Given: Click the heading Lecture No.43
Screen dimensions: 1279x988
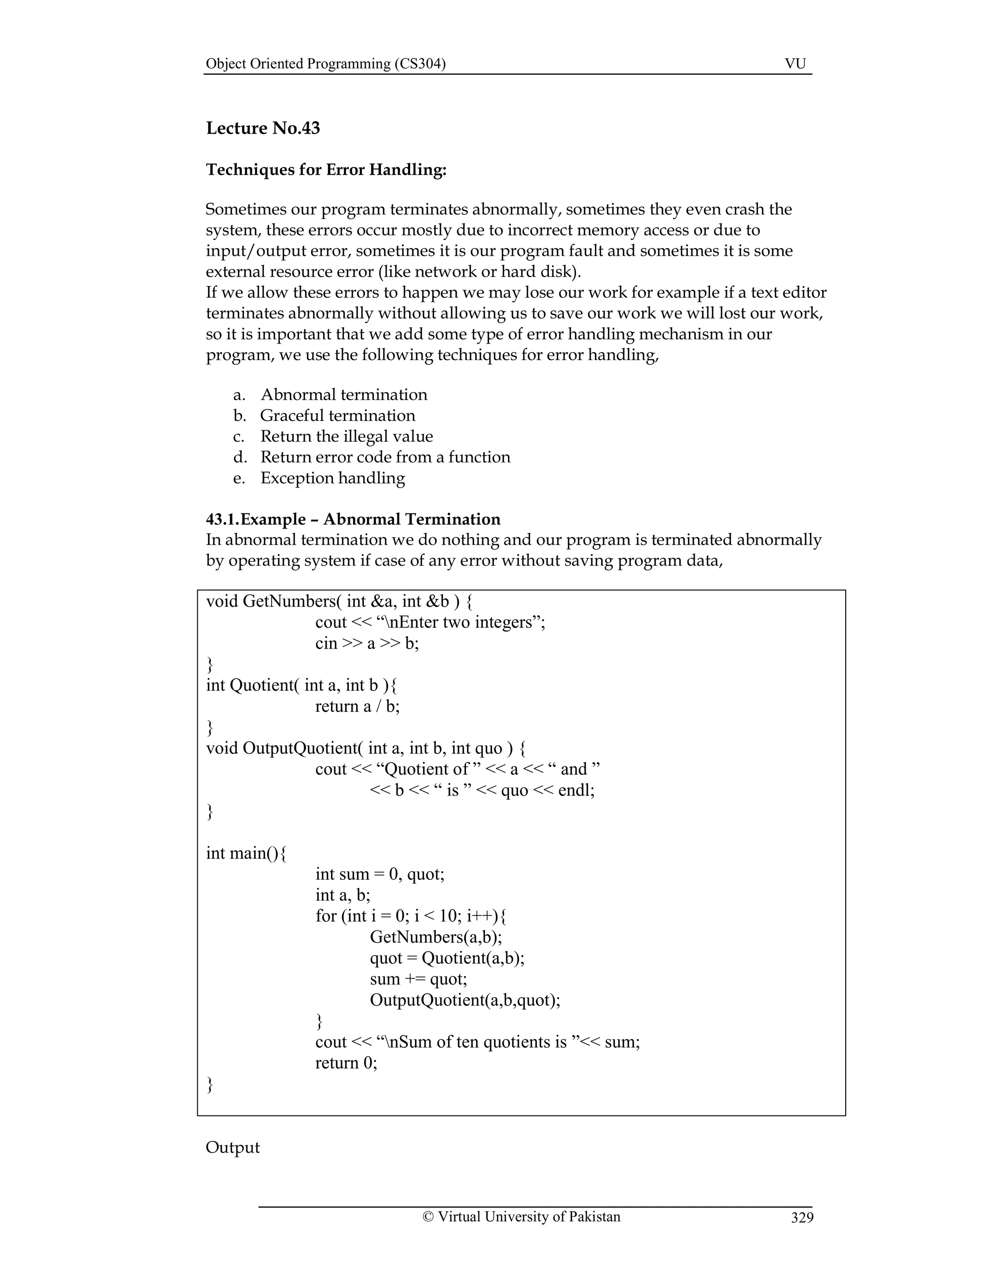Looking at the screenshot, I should click(263, 128).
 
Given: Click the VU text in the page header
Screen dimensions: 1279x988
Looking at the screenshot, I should click(795, 64).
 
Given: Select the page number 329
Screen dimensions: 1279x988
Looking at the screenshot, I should click(802, 1218).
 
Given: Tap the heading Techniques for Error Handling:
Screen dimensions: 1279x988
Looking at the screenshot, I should click(326, 170).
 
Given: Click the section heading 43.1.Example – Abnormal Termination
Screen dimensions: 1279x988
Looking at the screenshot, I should click(353, 519).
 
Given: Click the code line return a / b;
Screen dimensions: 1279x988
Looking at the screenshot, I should click(357, 706).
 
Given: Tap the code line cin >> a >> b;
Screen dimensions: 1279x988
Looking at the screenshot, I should click(367, 643).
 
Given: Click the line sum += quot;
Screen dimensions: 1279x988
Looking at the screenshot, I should click(418, 979).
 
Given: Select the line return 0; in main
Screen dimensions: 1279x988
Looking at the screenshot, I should click(346, 1063).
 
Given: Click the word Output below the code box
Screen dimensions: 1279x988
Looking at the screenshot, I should click(233, 1147).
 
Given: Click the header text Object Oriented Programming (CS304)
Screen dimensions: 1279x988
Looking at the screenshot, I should click(326, 64).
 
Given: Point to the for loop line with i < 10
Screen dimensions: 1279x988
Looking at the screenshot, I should click(411, 916).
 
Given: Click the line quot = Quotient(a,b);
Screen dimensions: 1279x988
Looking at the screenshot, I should click(447, 958).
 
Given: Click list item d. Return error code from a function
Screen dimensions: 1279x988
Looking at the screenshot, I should click(384, 458).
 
